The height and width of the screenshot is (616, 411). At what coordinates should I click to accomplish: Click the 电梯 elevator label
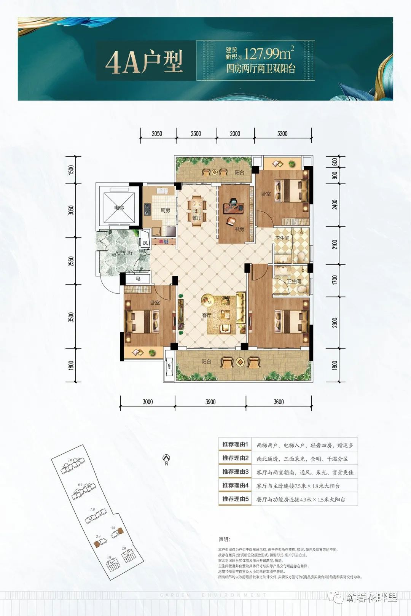pyautogui.click(x=119, y=208)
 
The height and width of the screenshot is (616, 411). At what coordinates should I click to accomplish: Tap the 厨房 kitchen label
pyautogui.click(x=165, y=210)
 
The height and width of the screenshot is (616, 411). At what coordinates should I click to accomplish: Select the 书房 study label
pyautogui.click(x=239, y=229)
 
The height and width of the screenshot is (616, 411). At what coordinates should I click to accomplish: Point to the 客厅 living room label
pyautogui.click(x=207, y=315)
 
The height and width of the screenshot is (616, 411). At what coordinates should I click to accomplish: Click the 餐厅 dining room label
pyautogui.click(x=196, y=218)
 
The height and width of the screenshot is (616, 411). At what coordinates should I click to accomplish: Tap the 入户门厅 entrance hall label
pyautogui.click(x=124, y=253)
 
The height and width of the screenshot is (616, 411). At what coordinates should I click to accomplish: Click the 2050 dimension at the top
pyautogui.click(x=157, y=134)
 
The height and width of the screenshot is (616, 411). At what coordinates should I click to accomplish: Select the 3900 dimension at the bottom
pyautogui.click(x=210, y=402)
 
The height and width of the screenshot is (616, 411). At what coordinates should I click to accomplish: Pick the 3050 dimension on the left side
pyautogui.click(x=71, y=210)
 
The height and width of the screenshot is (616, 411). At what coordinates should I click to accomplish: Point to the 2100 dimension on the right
pyautogui.click(x=335, y=244)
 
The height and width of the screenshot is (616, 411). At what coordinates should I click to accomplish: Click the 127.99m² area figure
pyautogui.click(x=269, y=54)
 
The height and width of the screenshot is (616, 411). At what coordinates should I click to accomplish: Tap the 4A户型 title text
pyautogui.click(x=144, y=62)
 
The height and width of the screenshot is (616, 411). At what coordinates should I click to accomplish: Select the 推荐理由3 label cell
pyautogui.click(x=235, y=472)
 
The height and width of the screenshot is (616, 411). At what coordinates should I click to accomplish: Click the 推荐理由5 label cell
pyautogui.click(x=235, y=499)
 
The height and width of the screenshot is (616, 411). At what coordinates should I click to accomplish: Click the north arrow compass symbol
pyautogui.click(x=166, y=458)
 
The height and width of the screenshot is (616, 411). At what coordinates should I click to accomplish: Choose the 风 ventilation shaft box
pyautogui.click(x=145, y=243)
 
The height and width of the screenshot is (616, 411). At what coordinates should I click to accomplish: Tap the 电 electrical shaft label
pyautogui.click(x=138, y=279)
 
